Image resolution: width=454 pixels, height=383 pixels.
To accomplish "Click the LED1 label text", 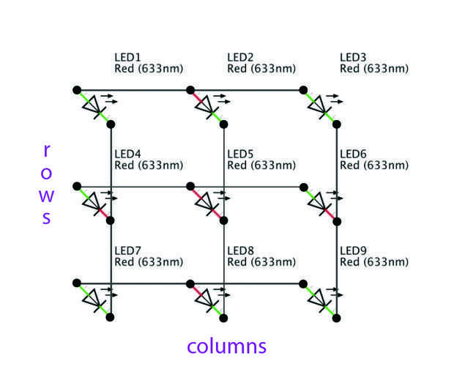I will pos(128,57).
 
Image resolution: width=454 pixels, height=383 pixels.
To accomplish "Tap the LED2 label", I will pos(241,57).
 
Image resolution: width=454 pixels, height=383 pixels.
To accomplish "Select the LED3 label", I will pos(354,57).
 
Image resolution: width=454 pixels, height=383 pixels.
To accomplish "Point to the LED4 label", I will pos(128,154).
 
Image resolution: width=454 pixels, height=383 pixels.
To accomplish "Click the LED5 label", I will pos(241,154).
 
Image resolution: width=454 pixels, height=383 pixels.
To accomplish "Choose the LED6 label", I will pos(354,154).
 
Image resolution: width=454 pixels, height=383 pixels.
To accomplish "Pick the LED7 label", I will pos(128,250).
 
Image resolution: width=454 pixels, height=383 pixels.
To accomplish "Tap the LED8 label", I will pos(241,250).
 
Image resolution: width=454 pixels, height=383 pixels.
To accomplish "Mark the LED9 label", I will pos(354,250).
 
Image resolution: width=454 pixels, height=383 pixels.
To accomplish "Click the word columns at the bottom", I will pos(226,346).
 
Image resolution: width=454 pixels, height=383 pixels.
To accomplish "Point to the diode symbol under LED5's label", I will pos(207,203).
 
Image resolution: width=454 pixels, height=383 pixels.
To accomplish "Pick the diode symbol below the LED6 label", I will pos(320,203).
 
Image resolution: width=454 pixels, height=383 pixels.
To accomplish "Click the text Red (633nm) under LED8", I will pos(261,262).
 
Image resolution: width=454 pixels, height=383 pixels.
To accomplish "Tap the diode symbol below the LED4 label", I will pos(94,203).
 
